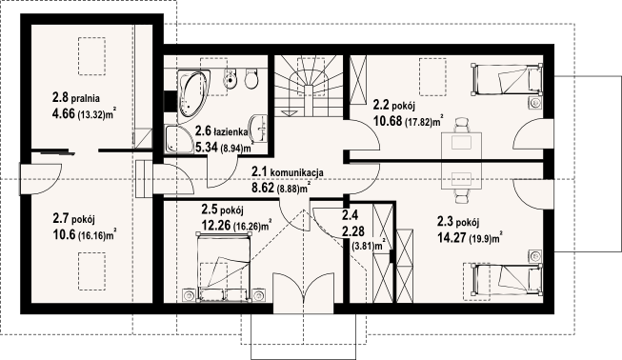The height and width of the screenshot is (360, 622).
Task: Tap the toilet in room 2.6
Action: (x=251, y=79)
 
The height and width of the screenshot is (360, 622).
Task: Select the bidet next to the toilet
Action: (x=230, y=78)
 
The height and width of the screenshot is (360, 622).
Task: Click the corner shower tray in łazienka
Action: (x=177, y=139)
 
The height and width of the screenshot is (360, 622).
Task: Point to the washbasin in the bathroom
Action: (x=259, y=128)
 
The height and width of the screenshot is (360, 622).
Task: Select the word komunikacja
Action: (x=297, y=172)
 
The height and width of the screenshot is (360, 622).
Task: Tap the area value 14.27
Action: (x=451, y=238)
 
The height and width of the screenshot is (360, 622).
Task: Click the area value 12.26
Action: (x=216, y=225)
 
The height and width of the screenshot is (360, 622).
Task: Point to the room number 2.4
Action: (x=350, y=215)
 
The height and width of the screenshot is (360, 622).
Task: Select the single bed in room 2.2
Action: (x=507, y=80)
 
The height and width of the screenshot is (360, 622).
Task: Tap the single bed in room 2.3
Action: (x=507, y=279)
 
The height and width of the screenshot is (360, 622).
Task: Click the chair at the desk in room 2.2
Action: (x=461, y=125)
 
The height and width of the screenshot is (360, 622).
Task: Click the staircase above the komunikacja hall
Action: (x=308, y=86)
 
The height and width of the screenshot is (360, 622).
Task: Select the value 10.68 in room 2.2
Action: (x=388, y=121)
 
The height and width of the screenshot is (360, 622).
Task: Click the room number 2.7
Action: (x=60, y=218)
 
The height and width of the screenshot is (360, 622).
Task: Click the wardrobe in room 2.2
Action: (x=358, y=80)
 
